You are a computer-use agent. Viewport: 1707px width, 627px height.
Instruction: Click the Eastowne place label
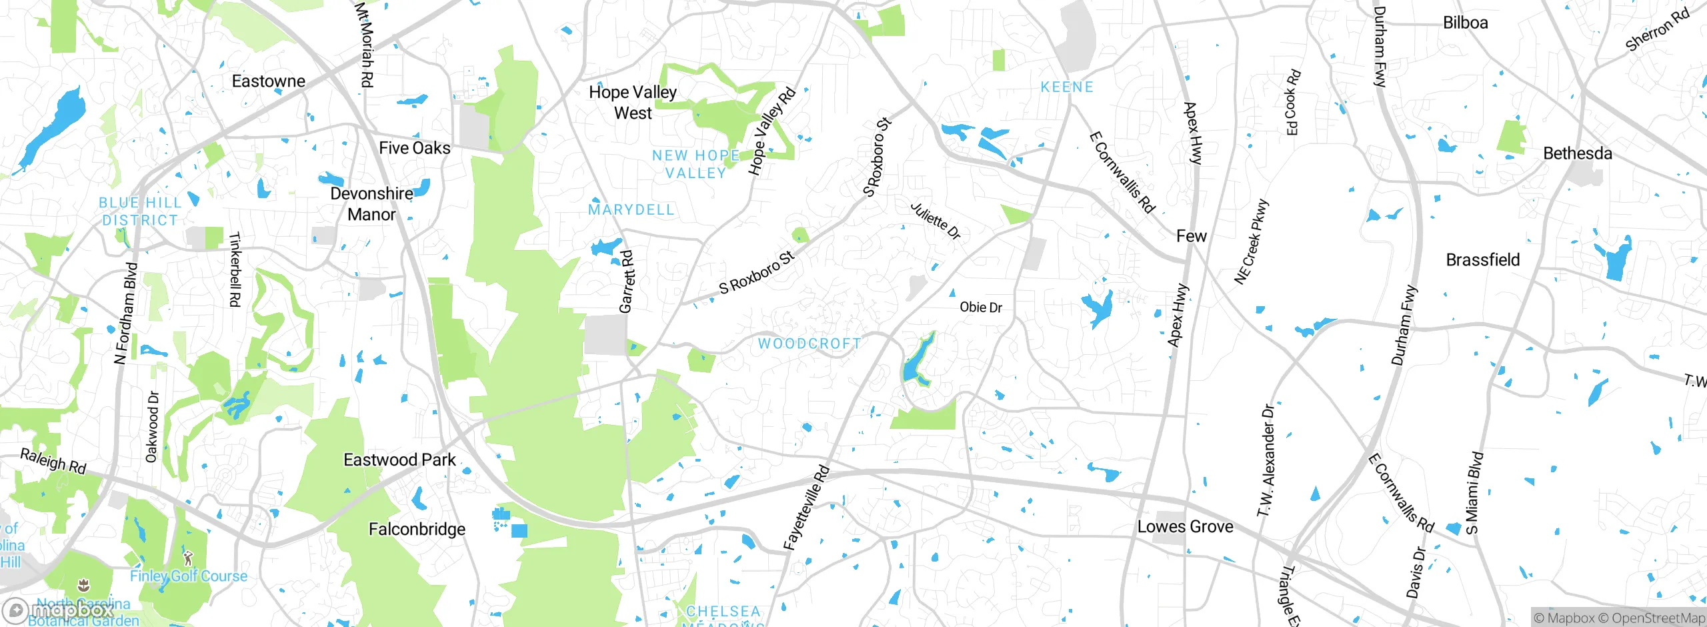pos(268,81)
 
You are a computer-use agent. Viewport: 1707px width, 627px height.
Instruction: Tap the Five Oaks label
pos(414,148)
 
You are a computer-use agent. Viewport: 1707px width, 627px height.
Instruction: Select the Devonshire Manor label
pos(371,204)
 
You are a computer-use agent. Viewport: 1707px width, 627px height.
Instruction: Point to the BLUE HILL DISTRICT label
pos(140,211)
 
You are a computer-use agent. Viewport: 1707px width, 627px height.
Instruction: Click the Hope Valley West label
pos(632,102)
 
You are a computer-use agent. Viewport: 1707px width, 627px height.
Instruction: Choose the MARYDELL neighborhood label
pos(631,210)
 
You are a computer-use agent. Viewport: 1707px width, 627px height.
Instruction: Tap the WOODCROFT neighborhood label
pos(809,344)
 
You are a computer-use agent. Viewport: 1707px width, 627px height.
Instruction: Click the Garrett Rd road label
pos(626,281)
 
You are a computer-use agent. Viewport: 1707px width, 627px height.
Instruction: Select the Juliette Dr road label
pos(936,221)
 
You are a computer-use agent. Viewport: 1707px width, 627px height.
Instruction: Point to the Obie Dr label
pos(980,307)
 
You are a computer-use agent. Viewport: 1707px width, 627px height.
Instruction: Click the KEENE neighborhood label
pos(1067,87)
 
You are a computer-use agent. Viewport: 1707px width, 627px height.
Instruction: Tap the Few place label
pos(1191,236)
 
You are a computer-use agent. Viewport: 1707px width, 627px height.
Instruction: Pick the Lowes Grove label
pos(1185,527)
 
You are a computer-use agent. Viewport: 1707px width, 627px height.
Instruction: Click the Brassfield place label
pos(1482,260)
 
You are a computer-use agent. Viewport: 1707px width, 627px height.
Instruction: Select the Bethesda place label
pos(1577,153)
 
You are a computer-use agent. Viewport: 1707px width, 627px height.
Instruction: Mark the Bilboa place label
pos(1465,23)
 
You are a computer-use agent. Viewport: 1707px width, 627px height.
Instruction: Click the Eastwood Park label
pos(399,460)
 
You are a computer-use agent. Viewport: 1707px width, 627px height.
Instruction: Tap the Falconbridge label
pos(417,530)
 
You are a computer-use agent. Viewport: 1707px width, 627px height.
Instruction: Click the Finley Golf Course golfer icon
pos(188,558)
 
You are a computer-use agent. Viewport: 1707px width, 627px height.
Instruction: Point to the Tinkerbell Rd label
pos(235,269)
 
